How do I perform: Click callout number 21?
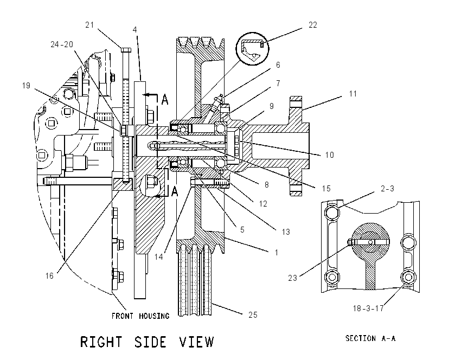coord(89,25)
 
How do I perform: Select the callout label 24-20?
coord(62,44)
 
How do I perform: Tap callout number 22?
coord(313,25)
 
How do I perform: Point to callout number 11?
coord(353,94)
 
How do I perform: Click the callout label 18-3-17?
coord(368,308)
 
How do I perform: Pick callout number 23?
coord(292,278)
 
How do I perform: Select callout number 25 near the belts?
coord(253,315)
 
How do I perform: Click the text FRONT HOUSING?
coord(140,316)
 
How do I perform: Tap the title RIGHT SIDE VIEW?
coord(147,342)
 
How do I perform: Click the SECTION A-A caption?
coord(370,338)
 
